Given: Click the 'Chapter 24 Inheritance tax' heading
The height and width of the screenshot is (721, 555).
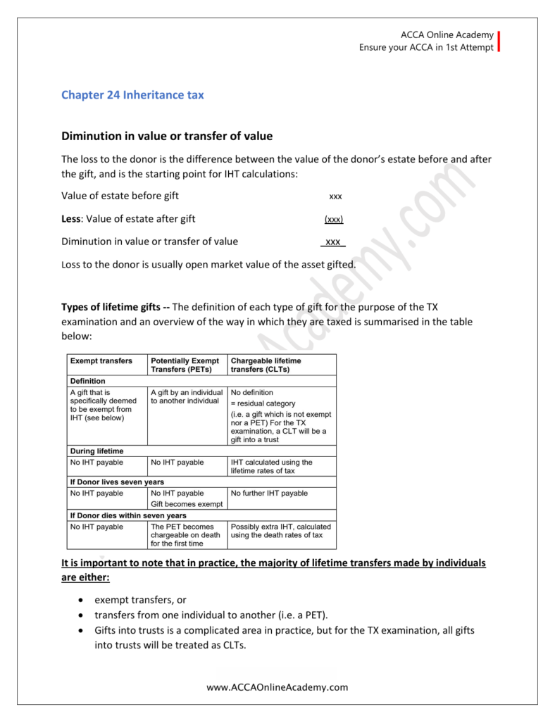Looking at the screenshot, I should click(x=132, y=94).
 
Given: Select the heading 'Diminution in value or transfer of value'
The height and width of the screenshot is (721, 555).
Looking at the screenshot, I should click(x=167, y=136).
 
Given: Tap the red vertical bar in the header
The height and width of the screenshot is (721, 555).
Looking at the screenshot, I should click(x=499, y=42).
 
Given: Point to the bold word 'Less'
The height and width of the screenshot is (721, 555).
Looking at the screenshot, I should click(x=71, y=219).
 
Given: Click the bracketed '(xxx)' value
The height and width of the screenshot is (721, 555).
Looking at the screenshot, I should click(x=334, y=219).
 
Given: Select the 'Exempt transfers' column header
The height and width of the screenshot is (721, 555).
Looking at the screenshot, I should click(x=101, y=360).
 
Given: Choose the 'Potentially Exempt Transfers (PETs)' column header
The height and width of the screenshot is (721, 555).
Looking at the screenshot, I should click(x=185, y=365).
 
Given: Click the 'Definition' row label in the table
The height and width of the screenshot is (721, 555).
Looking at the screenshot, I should click(x=87, y=381).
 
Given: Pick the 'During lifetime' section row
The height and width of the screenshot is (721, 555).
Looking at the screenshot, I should click(x=96, y=451).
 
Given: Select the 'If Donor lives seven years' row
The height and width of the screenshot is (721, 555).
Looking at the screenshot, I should click(x=116, y=482).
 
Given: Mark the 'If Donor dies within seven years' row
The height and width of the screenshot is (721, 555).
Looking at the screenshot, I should click(x=127, y=515).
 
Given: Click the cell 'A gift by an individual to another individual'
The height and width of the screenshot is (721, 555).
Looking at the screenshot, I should click(x=187, y=396).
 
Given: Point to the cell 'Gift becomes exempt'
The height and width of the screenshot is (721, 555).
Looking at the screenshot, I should click(x=186, y=504).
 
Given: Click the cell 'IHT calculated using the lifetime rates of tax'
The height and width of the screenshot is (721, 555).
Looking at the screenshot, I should click(x=272, y=466).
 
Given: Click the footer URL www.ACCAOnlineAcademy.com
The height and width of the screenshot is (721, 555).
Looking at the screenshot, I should click(x=277, y=687).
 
